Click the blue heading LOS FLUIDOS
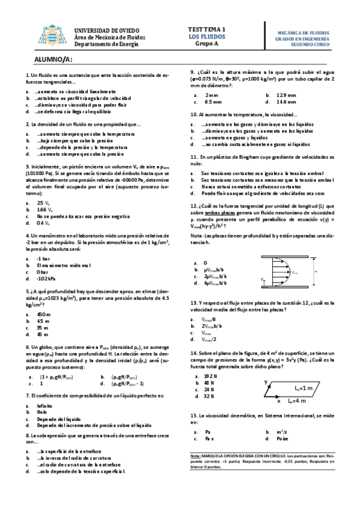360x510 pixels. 206,36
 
